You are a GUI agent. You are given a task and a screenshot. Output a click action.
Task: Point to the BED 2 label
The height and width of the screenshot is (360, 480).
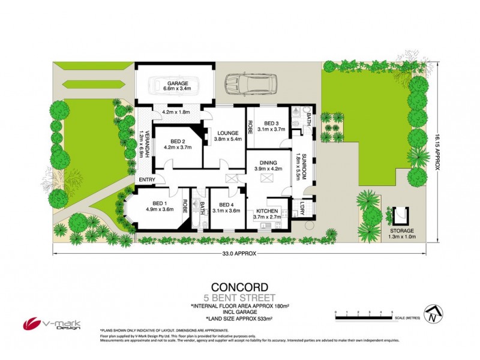point(172,141)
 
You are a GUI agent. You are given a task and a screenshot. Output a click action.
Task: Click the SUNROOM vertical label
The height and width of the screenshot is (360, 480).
point(304,166)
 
